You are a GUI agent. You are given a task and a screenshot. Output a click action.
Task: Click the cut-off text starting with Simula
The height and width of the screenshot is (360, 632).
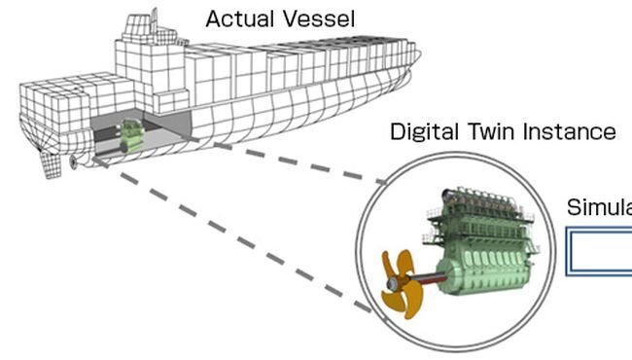(599, 208)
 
